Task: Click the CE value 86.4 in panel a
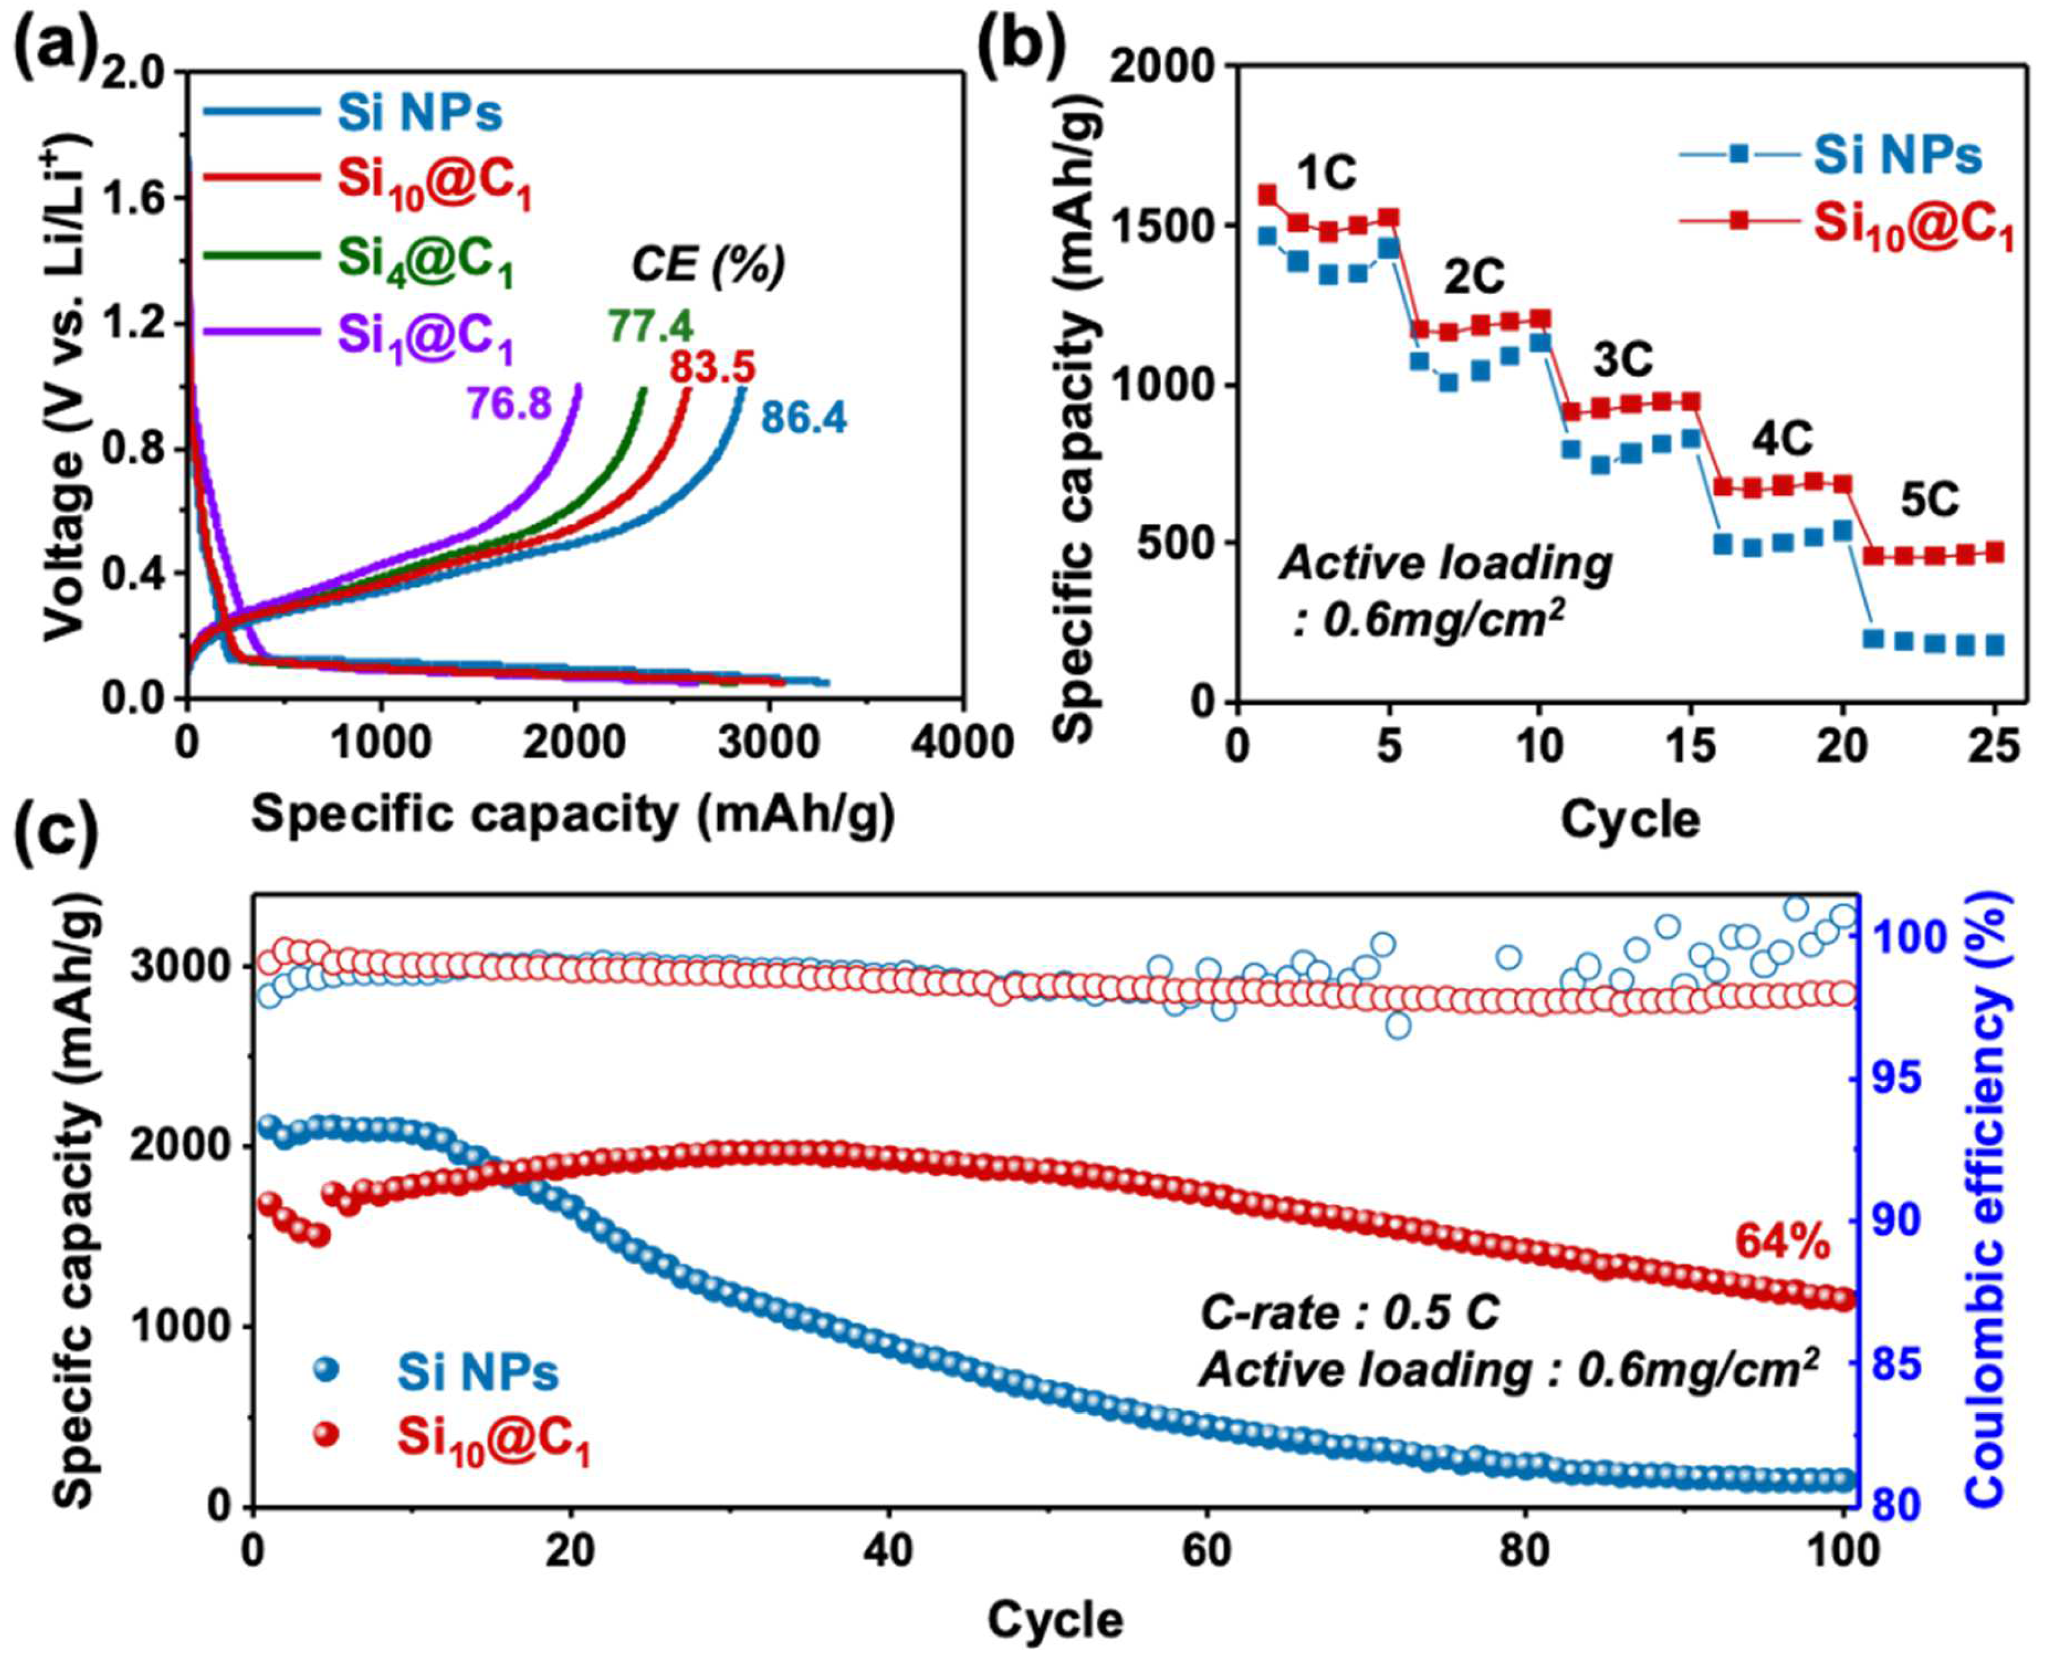click(804, 419)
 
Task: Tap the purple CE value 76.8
click(509, 403)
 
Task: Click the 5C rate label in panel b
click(1930, 502)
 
